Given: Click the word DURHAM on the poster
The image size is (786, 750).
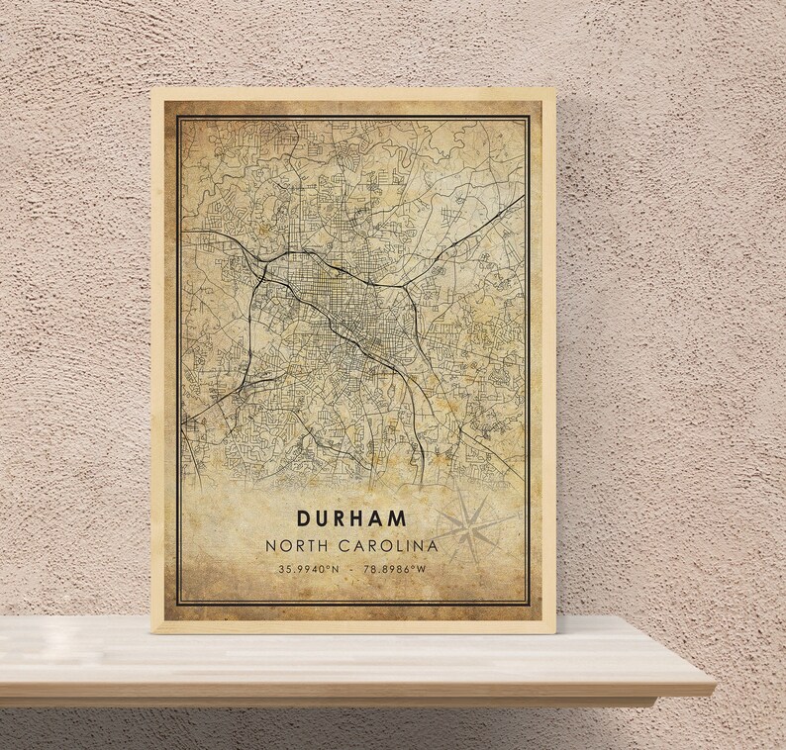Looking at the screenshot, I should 350,517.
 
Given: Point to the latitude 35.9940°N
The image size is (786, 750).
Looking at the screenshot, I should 308,570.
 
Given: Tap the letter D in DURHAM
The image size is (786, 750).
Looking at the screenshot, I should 301,517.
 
